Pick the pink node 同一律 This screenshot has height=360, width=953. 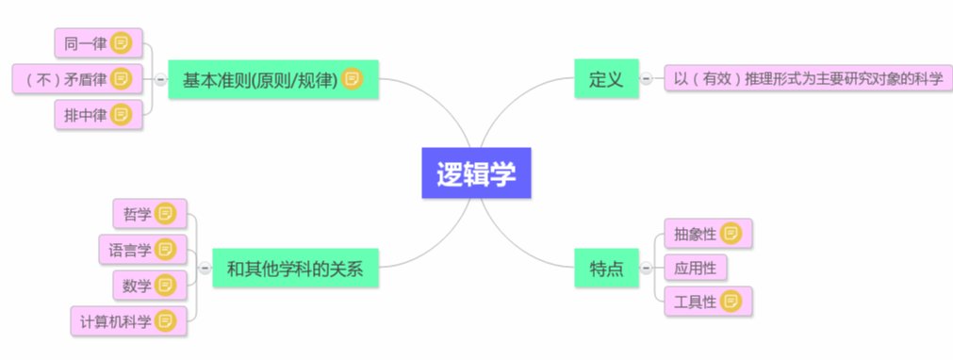tap(84, 42)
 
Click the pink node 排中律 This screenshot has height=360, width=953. tap(84, 115)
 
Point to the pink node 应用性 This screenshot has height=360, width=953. tap(695, 268)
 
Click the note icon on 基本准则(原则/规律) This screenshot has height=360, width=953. tap(353, 79)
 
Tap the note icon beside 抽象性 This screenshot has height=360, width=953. tap(731, 232)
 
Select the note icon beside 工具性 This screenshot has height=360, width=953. tap(731, 303)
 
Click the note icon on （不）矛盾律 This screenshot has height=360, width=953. tap(121, 79)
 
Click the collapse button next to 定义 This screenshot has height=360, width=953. tap(646, 79)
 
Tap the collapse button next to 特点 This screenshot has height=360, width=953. tap(646, 268)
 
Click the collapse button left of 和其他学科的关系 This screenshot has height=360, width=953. tap(204, 268)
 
